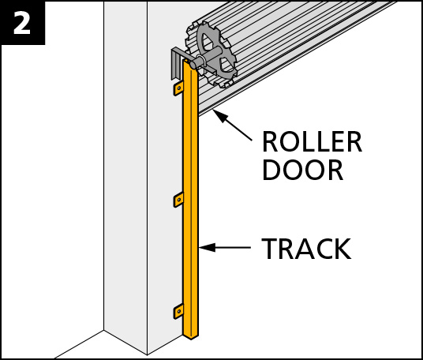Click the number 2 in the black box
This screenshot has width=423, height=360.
click(x=22, y=23)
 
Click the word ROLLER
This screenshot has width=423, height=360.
click(x=312, y=142)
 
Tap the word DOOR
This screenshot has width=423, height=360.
click(x=303, y=170)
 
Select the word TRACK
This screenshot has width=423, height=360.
click(x=306, y=249)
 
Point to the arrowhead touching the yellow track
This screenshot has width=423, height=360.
click(x=208, y=247)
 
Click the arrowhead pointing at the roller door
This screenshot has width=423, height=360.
click(x=220, y=116)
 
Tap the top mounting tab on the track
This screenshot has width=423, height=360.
click(x=178, y=88)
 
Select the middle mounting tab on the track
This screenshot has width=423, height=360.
click(x=178, y=200)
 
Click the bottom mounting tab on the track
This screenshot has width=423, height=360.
click(x=178, y=311)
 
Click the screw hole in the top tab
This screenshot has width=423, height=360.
click(x=179, y=88)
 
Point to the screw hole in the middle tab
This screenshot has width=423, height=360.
click(x=179, y=200)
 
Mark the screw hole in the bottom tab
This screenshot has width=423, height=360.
click(x=179, y=311)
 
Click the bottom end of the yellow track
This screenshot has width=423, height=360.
click(x=191, y=336)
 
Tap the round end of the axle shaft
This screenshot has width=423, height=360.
click(x=193, y=65)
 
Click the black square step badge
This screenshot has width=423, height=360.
click(x=22, y=23)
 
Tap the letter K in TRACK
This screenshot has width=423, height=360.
click(x=343, y=249)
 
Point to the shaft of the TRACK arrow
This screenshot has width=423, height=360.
click(x=234, y=247)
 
